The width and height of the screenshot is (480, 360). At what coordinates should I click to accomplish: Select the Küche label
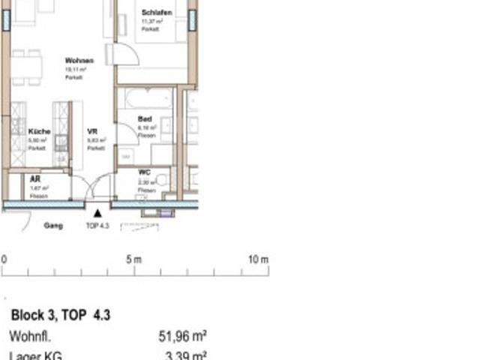[x=40, y=131]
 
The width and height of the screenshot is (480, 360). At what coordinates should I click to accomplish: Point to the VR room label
[x=92, y=131]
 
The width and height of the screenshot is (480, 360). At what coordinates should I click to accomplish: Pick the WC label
[x=144, y=172]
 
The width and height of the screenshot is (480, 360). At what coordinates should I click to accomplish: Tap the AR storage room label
[x=34, y=179]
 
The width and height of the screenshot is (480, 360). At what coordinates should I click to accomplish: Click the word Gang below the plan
[x=53, y=225]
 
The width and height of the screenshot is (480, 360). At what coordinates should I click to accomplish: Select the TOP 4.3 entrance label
[x=97, y=225]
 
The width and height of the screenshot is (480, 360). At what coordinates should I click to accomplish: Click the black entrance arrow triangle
[x=97, y=214]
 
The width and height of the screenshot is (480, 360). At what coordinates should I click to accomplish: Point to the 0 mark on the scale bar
[x=4, y=259]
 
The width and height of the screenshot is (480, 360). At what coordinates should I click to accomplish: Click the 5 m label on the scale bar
[x=133, y=259]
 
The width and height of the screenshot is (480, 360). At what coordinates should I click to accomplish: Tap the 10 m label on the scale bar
[x=258, y=259]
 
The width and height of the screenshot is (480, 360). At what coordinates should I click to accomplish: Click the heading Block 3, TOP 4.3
[x=60, y=316]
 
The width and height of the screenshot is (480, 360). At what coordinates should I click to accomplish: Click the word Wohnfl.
[x=29, y=337]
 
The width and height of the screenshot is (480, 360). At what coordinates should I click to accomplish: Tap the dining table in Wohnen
[x=27, y=68]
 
